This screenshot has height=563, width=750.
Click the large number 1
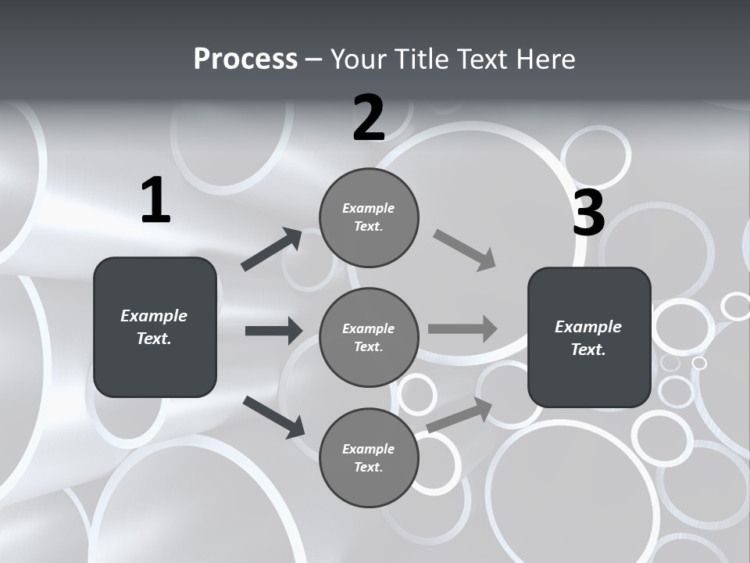click(155, 200)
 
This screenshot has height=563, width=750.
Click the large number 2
click(369, 118)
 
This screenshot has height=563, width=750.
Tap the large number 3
click(588, 213)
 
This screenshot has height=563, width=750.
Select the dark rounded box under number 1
click(155, 327)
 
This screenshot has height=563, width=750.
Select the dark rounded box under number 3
click(589, 337)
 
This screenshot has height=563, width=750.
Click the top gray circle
click(369, 217)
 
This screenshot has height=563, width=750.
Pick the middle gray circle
click(369, 337)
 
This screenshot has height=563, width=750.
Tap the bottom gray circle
click(369, 457)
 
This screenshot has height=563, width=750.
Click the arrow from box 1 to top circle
click(272, 249)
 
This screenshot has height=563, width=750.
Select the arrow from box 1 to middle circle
click(273, 331)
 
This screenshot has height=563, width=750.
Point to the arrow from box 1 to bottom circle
click(273, 416)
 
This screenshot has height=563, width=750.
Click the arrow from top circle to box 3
click(465, 250)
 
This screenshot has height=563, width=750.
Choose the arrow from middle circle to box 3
click(462, 328)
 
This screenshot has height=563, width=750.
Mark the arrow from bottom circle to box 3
click(459, 414)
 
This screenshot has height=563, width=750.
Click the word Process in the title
click(245, 59)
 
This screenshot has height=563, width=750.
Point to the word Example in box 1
click(154, 316)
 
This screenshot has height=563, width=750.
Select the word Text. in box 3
click(588, 350)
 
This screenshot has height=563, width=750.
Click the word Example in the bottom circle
click(368, 449)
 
